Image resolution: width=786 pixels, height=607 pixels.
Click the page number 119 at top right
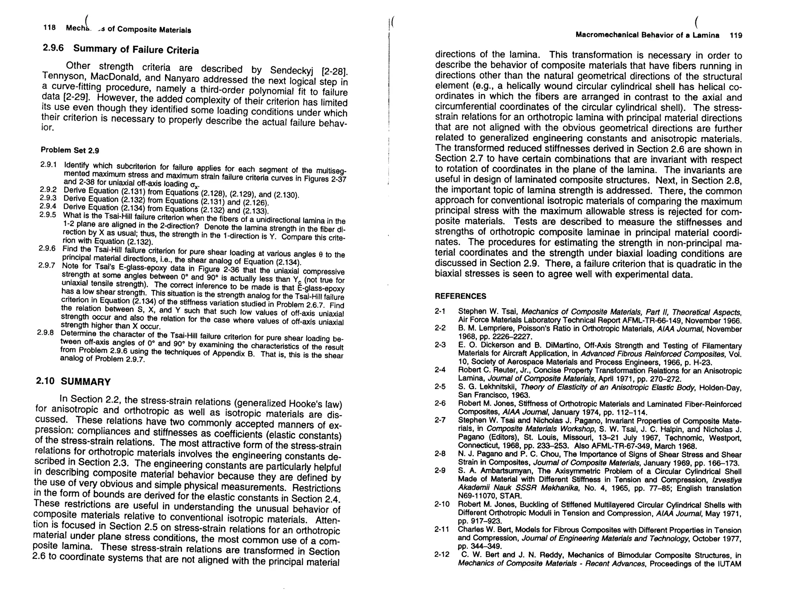pos(736,36)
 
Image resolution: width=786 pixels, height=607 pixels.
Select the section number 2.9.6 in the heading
pos(53,48)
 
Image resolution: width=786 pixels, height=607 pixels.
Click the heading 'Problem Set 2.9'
pos(70,150)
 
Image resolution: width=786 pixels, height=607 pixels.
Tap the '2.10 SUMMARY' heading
pos(73,381)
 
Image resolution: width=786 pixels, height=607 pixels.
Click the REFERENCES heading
pos(460,296)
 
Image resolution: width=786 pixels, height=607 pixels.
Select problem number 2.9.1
pos(49,165)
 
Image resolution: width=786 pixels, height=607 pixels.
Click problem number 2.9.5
pos(48,215)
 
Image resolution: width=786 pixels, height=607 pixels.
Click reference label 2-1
pos(440,311)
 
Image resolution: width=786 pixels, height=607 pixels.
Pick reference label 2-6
pos(440,403)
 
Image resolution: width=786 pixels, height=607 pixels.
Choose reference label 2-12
pos(442,555)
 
